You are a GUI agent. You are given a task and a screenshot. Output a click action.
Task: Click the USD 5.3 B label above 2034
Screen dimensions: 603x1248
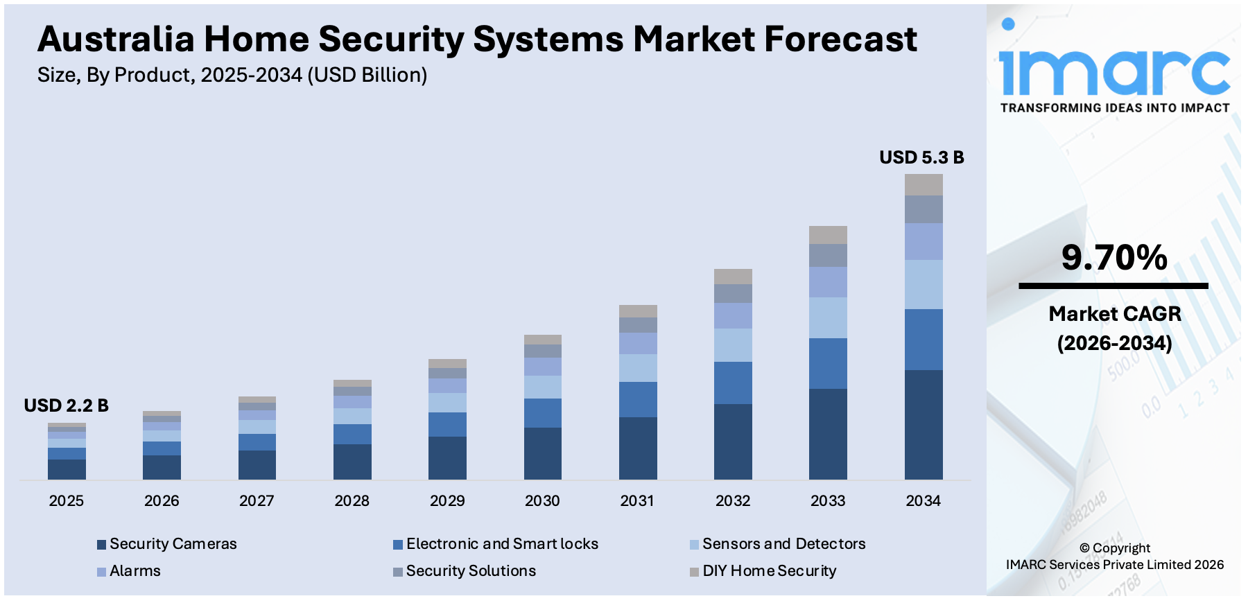point(921,157)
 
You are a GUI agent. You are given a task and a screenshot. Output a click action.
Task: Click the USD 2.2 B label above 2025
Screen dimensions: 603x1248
point(66,405)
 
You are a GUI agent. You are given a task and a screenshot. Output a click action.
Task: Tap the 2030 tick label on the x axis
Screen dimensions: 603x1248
point(542,500)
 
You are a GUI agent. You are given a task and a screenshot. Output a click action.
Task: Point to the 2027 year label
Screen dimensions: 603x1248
point(257,500)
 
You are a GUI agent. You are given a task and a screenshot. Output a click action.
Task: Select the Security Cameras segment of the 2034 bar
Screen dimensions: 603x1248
point(924,424)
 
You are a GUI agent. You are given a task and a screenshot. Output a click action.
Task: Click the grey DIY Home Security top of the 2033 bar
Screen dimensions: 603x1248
point(828,234)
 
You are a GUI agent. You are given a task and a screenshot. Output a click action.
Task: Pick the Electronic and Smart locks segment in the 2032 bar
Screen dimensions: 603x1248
point(733,383)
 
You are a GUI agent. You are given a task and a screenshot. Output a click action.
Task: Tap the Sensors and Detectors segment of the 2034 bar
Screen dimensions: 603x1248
point(924,284)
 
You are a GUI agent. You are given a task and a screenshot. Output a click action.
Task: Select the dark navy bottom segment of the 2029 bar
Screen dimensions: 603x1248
point(447,457)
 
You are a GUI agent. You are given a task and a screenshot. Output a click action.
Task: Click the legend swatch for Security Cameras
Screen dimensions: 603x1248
point(102,545)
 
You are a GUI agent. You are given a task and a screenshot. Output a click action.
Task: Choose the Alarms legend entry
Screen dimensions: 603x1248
point(135,571)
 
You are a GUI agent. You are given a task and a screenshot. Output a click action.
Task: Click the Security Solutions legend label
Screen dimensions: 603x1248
point(471,571)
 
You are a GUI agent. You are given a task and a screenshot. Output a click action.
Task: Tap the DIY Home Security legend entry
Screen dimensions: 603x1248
point(769,571)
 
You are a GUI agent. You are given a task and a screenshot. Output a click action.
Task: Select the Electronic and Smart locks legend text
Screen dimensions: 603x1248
point(502,544)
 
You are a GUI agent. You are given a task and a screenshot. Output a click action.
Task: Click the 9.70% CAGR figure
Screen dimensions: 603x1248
point(1114,257)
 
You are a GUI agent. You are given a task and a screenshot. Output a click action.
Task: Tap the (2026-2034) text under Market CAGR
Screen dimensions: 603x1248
point(1114,343)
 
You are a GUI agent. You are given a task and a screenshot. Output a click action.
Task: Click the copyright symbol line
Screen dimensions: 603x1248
point(1114,548)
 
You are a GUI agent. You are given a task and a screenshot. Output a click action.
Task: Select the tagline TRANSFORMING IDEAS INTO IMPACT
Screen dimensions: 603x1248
point(1114,108)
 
